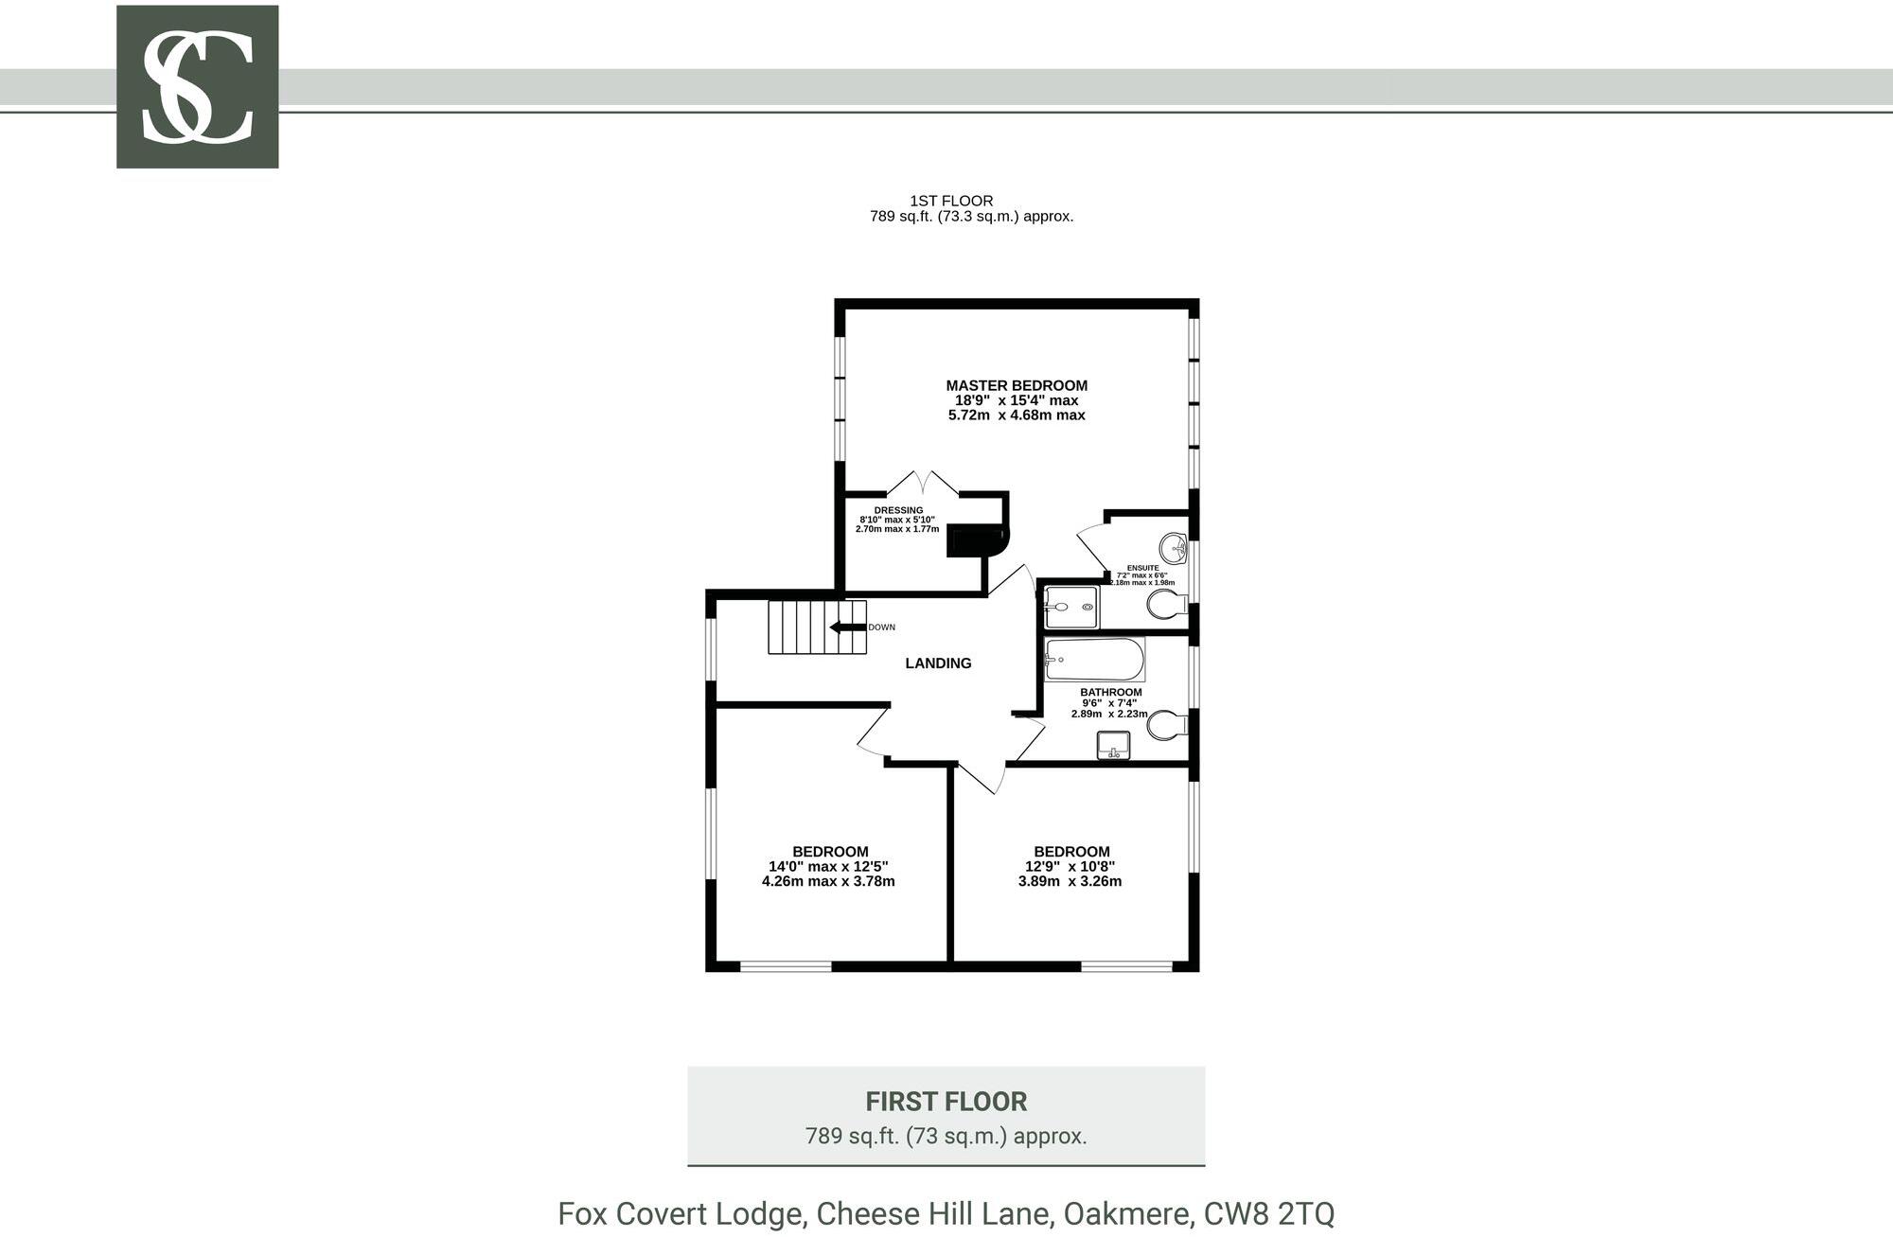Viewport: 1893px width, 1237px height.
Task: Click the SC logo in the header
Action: click(x=197, y=87)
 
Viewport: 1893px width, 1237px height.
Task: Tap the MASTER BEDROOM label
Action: click(x=1017, y=385)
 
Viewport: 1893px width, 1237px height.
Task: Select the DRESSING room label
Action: click(x=898, y=510)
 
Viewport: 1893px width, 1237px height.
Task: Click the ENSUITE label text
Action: click(x=1142, y=568)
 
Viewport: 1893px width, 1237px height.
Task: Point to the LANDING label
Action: click(x=938, y=663)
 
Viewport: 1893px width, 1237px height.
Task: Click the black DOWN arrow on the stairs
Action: click(x=847, y=627)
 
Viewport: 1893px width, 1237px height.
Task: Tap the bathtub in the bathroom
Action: click(x=1094, y=660)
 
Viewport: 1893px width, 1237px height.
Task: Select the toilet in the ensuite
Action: click(x=1165, y=604)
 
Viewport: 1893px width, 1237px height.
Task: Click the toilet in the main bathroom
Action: click(x=1165, y=726)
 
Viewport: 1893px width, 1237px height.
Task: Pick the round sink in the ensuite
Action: click(x=1174, y=547)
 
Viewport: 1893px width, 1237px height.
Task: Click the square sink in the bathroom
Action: click(x=1113, y=746)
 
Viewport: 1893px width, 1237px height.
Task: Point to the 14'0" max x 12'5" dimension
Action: click(x=828, y=866)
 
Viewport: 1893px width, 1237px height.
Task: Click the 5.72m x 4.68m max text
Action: click(x=1017, y=415)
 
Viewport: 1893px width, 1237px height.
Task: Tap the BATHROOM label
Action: click(x=1111, y=692)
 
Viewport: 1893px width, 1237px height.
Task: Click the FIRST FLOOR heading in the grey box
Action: click(x=946, y=1102)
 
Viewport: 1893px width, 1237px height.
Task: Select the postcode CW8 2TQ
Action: click(x=1268, y=1213)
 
